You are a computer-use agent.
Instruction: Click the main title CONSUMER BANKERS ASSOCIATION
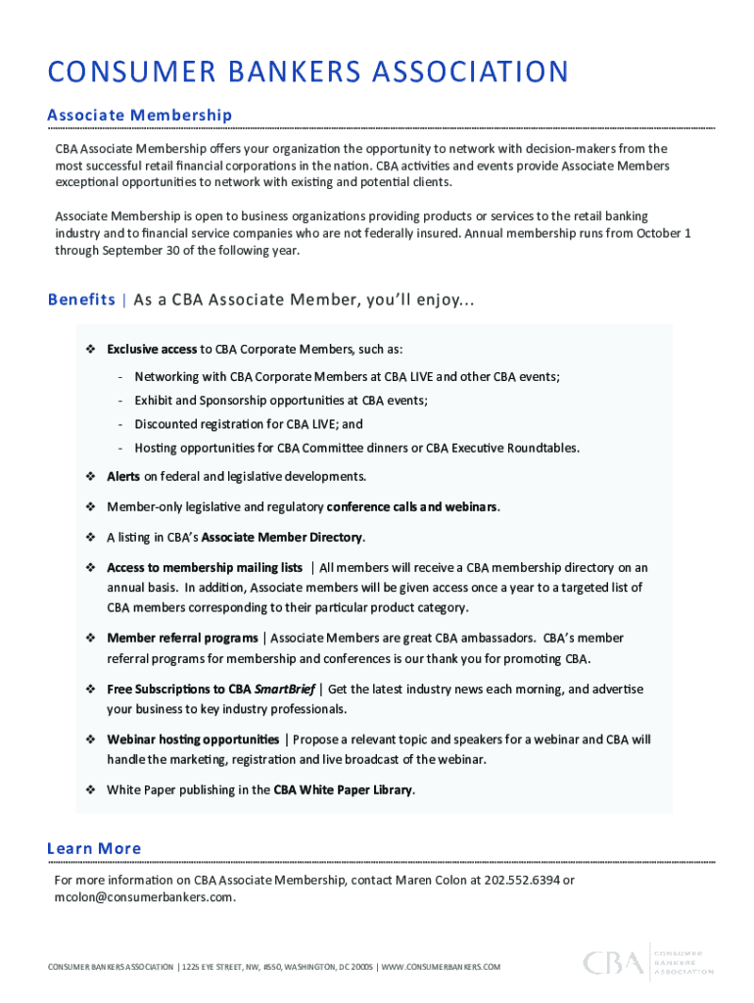pyautogui.click(x=307, y=72)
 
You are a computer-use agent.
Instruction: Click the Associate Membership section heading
pyautogui.click(x=139, y=116)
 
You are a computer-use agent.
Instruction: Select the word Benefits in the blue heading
pyautogui.click(x=81, y=300)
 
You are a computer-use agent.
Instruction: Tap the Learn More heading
pyautogui.click(x=94, y=848)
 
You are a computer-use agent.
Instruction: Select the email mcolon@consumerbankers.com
pyautogui.click(x=145, y=897)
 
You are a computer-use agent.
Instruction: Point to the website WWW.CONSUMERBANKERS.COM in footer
pyautogui.click(x=440, y=968)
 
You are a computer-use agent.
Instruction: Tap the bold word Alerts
pyautogui.click(x=123, y=477)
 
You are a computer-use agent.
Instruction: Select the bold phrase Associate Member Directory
pyautogui.click(x=282, y=538)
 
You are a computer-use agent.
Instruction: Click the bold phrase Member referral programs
pyautogui.click(x=182, y=639)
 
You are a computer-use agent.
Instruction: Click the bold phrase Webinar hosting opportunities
pyautogui.click(x=193, y=740)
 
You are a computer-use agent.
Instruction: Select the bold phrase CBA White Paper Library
pyautogui.click(x=343, y=790)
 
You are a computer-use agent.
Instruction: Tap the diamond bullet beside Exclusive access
pyautogui.click(x=89, y=350)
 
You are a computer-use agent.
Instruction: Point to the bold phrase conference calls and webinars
pyautogui.click(x=412, y=507)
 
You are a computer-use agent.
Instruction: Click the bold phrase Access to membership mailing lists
pyautogui.click(x=205, y=568)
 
